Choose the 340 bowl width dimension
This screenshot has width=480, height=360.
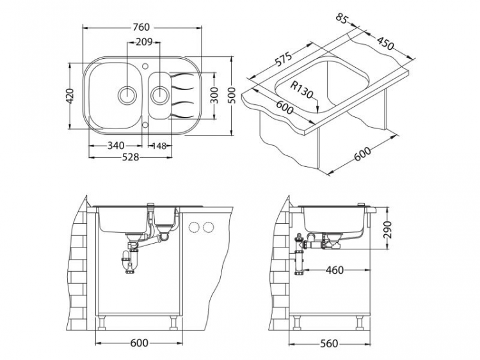coord(115,146)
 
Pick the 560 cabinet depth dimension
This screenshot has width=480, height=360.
coord(329,343)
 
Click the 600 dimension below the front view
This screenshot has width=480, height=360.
coord(139,343)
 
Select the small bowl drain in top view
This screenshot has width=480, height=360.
coord(158,95)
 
